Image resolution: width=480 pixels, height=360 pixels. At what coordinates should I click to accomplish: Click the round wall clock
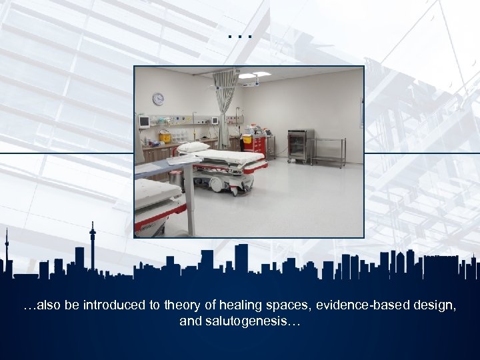click(x=158, y=99)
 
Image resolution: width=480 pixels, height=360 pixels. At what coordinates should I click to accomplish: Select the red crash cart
click(x=257, y=146)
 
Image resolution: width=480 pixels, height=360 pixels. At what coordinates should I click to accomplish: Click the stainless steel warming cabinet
click(x=300, y=145)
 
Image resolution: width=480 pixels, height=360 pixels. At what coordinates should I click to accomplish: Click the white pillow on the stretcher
click(x=193, y=147)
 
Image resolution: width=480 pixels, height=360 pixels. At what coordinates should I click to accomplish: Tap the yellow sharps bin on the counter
click(x=164, y=137)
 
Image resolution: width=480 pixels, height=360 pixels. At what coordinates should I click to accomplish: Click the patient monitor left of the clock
click(x=144, y=121)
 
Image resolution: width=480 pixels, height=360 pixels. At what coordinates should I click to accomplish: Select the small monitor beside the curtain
click(x=215, y=121)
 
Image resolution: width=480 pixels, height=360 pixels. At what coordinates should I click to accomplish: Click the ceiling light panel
click(x=254, y=75)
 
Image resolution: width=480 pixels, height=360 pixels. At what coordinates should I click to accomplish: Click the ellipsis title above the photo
click(x=240, y=33)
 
